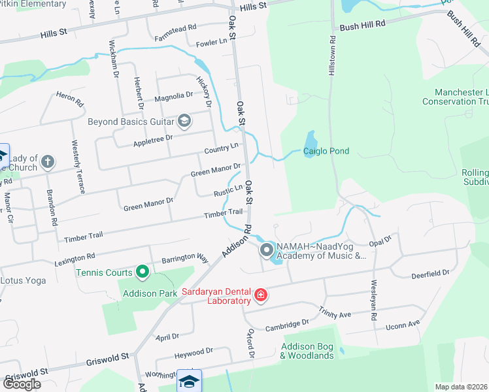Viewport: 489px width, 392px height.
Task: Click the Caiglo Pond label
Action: click(326, 152)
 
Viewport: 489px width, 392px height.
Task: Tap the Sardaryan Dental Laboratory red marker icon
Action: click(261, 296)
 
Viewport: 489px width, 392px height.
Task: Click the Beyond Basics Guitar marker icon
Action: click(184, 120)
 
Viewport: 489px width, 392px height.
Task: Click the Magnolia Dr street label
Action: click(173, 96)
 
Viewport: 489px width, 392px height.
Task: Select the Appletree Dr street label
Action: click(152, 139)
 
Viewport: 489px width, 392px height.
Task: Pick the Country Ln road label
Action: click(222, 149)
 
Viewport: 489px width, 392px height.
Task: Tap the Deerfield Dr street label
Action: click(430, 274)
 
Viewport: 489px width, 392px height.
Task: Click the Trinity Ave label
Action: click(335, 312)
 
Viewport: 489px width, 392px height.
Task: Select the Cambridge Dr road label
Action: click(288, 323)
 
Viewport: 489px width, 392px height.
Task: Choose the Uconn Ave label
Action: click(403, 325)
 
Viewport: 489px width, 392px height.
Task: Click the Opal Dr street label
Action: click(379, 241)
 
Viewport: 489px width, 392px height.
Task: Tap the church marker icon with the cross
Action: click(48, 161)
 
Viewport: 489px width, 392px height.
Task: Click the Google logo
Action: click(22, 384)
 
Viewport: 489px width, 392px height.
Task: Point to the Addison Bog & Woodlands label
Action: click(307, 351)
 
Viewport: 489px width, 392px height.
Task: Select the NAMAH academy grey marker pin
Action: click(267, 250)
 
